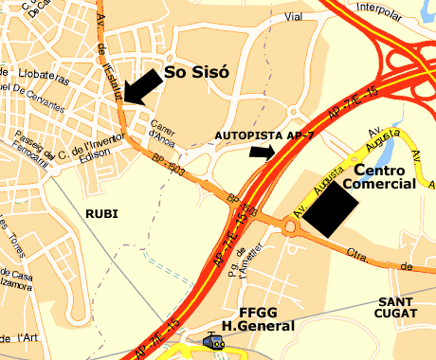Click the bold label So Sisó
[x=197, y=71]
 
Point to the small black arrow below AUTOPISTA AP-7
[x=261, y=152]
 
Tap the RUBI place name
[x=100, y=213]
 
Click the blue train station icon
[x=214, y=343]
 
